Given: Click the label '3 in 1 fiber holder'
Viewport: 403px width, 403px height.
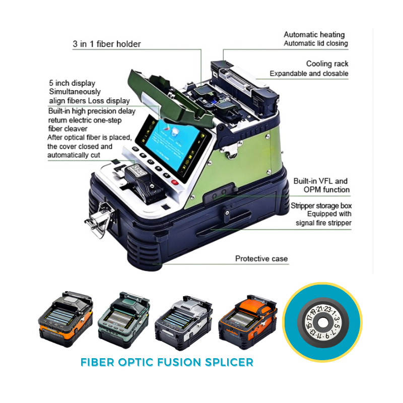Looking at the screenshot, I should pos(106,44).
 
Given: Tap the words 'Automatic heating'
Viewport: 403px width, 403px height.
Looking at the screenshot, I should pos(314,35).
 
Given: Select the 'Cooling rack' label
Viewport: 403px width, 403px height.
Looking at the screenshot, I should pos(327,64).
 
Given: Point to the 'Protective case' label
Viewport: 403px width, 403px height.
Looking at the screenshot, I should pos(261,258).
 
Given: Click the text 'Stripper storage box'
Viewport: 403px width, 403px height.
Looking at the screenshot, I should pos(321,206).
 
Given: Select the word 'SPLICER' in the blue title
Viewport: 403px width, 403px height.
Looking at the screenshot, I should pos(225,362).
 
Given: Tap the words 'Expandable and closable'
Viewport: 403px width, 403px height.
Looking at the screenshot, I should pos(308,74).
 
